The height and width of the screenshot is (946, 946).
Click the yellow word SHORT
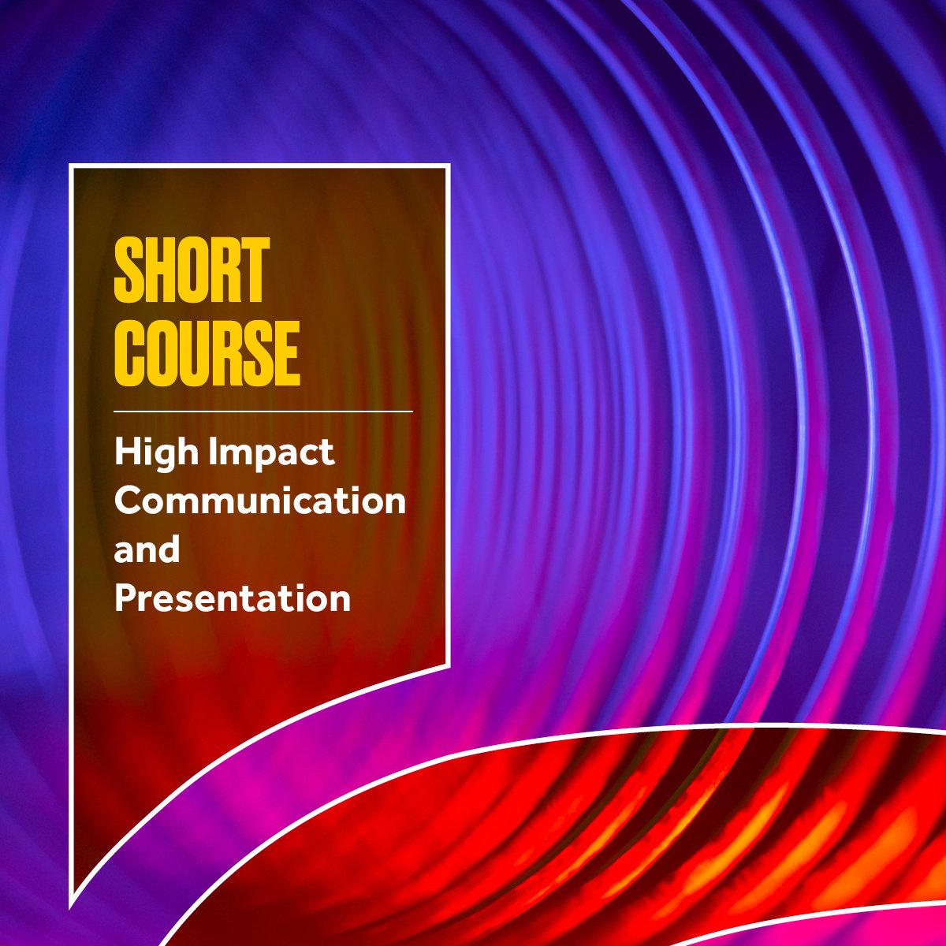coord(192,271)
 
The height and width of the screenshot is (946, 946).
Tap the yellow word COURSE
coord(207,352)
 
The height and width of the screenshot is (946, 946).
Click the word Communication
coord(260,501)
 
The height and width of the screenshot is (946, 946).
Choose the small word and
coord(147,549)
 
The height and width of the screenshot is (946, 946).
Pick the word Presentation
coord(233,598)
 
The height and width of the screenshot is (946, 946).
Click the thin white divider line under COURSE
coord(263,412)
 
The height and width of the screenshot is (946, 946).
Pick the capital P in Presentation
coord(127,598)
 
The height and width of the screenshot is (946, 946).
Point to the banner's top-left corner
coord(71,166)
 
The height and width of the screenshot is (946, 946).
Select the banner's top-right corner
coord(449,166)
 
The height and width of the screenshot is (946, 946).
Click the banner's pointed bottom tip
coord(72,905)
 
